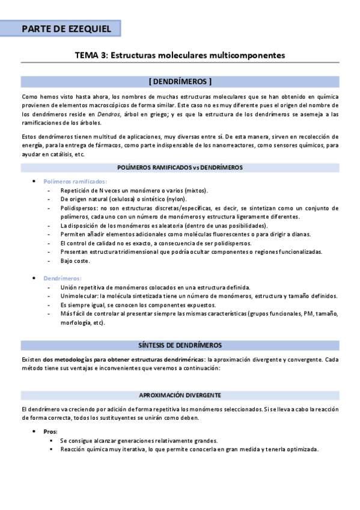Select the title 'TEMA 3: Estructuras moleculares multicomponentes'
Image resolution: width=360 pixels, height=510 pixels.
coord(180,55)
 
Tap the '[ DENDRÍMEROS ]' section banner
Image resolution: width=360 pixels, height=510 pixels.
coord(180,81)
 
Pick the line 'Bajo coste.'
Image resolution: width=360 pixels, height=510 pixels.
coord(75,261)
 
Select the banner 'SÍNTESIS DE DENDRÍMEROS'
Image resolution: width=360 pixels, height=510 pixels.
coord(180,345)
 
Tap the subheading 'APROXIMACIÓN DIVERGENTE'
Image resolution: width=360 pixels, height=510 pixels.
coord(180,395)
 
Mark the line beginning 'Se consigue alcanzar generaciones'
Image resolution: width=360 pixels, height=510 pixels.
coord(138,441)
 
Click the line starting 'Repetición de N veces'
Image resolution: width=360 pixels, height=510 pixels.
coord(133,190)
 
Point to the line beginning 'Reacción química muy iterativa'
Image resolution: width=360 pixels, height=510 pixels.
coord(189,449)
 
